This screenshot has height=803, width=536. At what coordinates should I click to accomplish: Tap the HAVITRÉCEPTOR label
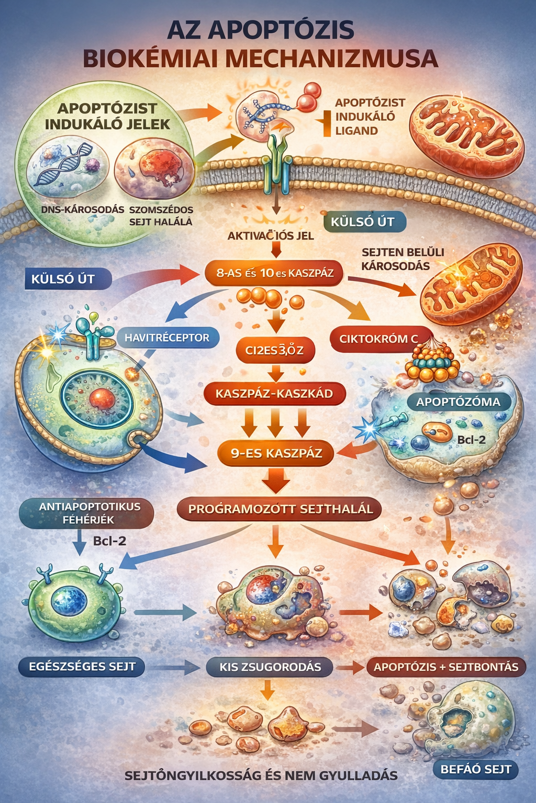click(166, 338)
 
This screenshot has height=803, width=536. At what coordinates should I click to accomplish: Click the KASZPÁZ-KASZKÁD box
click(274, 394)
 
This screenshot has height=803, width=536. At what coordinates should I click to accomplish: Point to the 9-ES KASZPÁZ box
click(276, 453)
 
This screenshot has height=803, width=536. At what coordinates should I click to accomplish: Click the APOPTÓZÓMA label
click(458, 402)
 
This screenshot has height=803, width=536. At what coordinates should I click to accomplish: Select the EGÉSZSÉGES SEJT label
click(82, 667)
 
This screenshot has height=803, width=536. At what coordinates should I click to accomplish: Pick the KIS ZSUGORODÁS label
click(270, 667)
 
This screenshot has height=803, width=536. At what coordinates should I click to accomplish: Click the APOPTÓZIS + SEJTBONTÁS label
click(446, 667)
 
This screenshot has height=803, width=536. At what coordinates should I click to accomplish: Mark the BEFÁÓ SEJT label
click(475, 769)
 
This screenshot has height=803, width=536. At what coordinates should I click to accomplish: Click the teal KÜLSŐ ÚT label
click(362, 222)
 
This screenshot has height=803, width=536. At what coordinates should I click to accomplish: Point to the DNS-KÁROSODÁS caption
click(83, 210)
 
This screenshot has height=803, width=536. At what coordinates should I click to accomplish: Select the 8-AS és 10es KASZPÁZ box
click(275, 272)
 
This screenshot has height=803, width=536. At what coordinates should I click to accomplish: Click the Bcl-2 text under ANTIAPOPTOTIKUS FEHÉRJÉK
click(109, 541)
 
